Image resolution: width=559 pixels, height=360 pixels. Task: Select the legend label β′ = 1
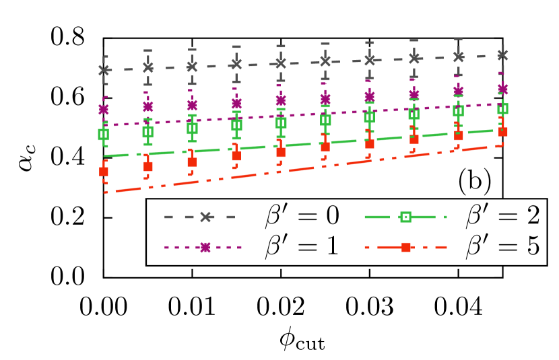pos(302,247)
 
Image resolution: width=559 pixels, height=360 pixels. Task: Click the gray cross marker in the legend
pos(206,217)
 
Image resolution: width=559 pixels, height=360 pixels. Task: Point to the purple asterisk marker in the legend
pos(205,248)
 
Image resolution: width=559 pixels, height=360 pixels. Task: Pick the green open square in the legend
pos(405,217)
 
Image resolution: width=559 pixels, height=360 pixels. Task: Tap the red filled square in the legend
pos(406,248)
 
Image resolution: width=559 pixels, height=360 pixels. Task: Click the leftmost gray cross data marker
pos(104,70)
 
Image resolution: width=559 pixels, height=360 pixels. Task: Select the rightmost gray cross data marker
pos(502,55)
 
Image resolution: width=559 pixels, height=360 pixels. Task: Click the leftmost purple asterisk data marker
pos(104,109)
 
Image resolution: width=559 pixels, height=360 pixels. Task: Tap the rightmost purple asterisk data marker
pos(502,89)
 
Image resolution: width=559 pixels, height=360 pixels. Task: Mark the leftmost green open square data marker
pos(104,135)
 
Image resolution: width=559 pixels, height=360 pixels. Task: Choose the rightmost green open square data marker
pos(502,108)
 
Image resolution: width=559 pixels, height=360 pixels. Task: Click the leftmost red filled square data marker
pos(104,172)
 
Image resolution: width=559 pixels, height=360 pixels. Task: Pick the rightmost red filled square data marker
pos(502,133)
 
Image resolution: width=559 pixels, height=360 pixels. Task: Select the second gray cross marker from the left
pos(148,68)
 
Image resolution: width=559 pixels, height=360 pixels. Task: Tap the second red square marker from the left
pos(148,166)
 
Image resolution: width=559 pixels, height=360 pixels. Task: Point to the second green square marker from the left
pos(148,132)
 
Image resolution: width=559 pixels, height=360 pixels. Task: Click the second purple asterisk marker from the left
pos(148,106)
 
